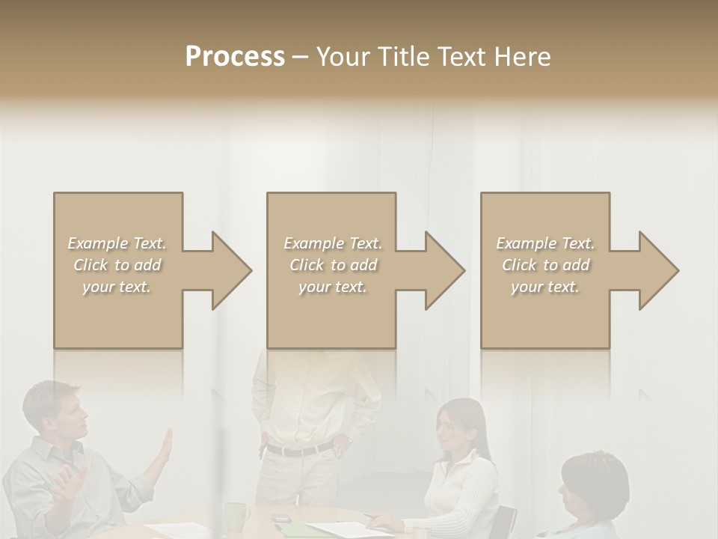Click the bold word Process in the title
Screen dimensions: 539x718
[x=235, y=56]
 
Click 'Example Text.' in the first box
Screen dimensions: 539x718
[x=117, y=243]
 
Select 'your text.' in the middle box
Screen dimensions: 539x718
[x=332, y=287]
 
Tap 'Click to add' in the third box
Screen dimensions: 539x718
[x=545, y=265]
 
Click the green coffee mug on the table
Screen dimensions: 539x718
[x=237, y=516]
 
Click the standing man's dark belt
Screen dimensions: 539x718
[x=299, y=450]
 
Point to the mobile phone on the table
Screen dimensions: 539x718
[x=280, y=518]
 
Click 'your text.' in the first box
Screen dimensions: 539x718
[x=117, y=287]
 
